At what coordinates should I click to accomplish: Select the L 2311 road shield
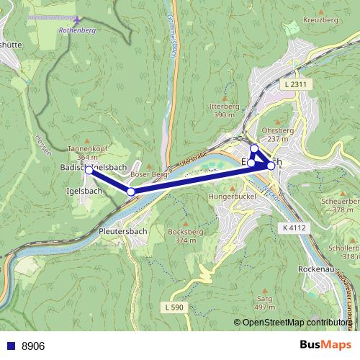tap(295, 85)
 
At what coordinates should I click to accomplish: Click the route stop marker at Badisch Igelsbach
tap(89, 170)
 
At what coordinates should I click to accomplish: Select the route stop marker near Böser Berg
tap(131, 192)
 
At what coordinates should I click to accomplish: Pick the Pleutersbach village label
tap(123, 233)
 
